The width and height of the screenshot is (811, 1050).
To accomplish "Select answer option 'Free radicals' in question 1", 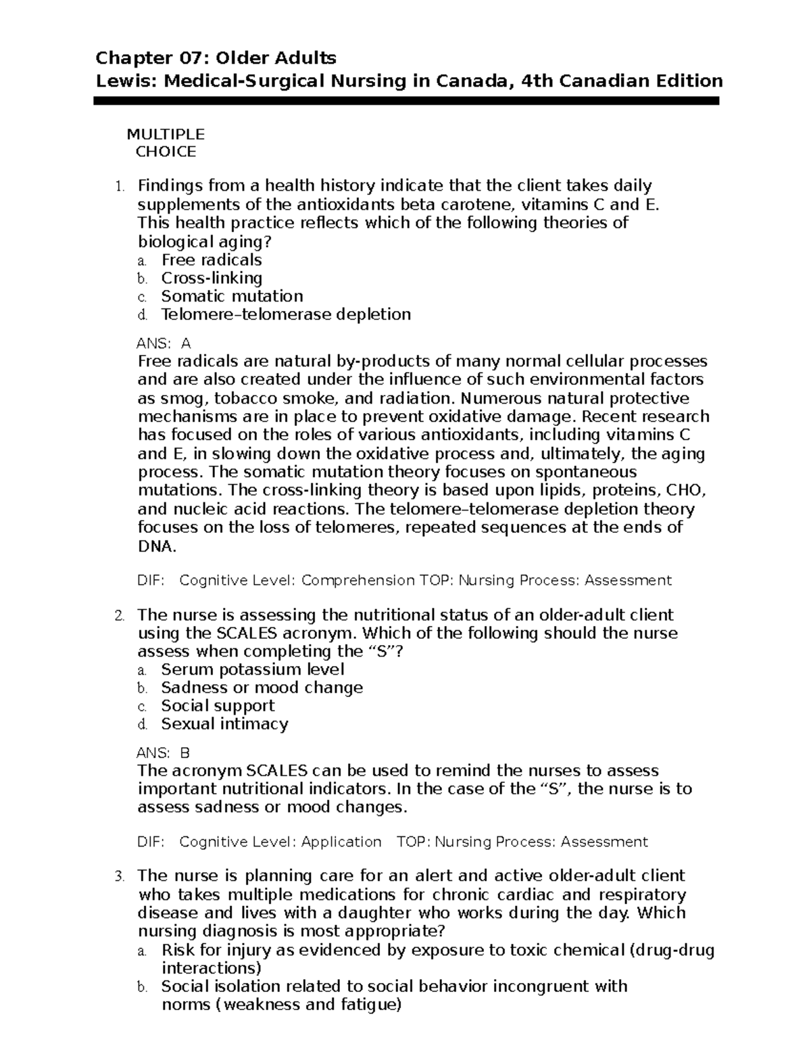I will (211, 260).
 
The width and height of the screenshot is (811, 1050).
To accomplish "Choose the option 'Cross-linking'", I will (212, 279).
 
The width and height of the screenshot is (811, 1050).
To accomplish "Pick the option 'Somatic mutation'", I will (232, 297).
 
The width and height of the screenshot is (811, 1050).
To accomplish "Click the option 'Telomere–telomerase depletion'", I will (285, 314).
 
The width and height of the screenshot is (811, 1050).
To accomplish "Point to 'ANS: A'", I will (164, 343).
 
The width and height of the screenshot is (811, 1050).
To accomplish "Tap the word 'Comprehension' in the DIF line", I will (358, 581).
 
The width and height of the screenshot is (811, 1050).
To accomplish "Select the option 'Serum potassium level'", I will (253, 670).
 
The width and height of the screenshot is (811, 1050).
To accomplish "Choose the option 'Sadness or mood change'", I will (262, 688).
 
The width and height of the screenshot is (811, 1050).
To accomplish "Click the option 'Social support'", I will (218, 707).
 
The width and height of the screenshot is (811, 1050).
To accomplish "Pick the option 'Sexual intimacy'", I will (224, 725).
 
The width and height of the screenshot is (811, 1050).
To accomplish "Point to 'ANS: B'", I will (164, 753).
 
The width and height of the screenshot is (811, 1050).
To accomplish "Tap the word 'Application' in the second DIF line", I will (341, 842).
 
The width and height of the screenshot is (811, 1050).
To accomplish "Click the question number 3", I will (119, 878).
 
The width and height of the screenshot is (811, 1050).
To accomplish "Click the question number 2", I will (119, 616).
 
